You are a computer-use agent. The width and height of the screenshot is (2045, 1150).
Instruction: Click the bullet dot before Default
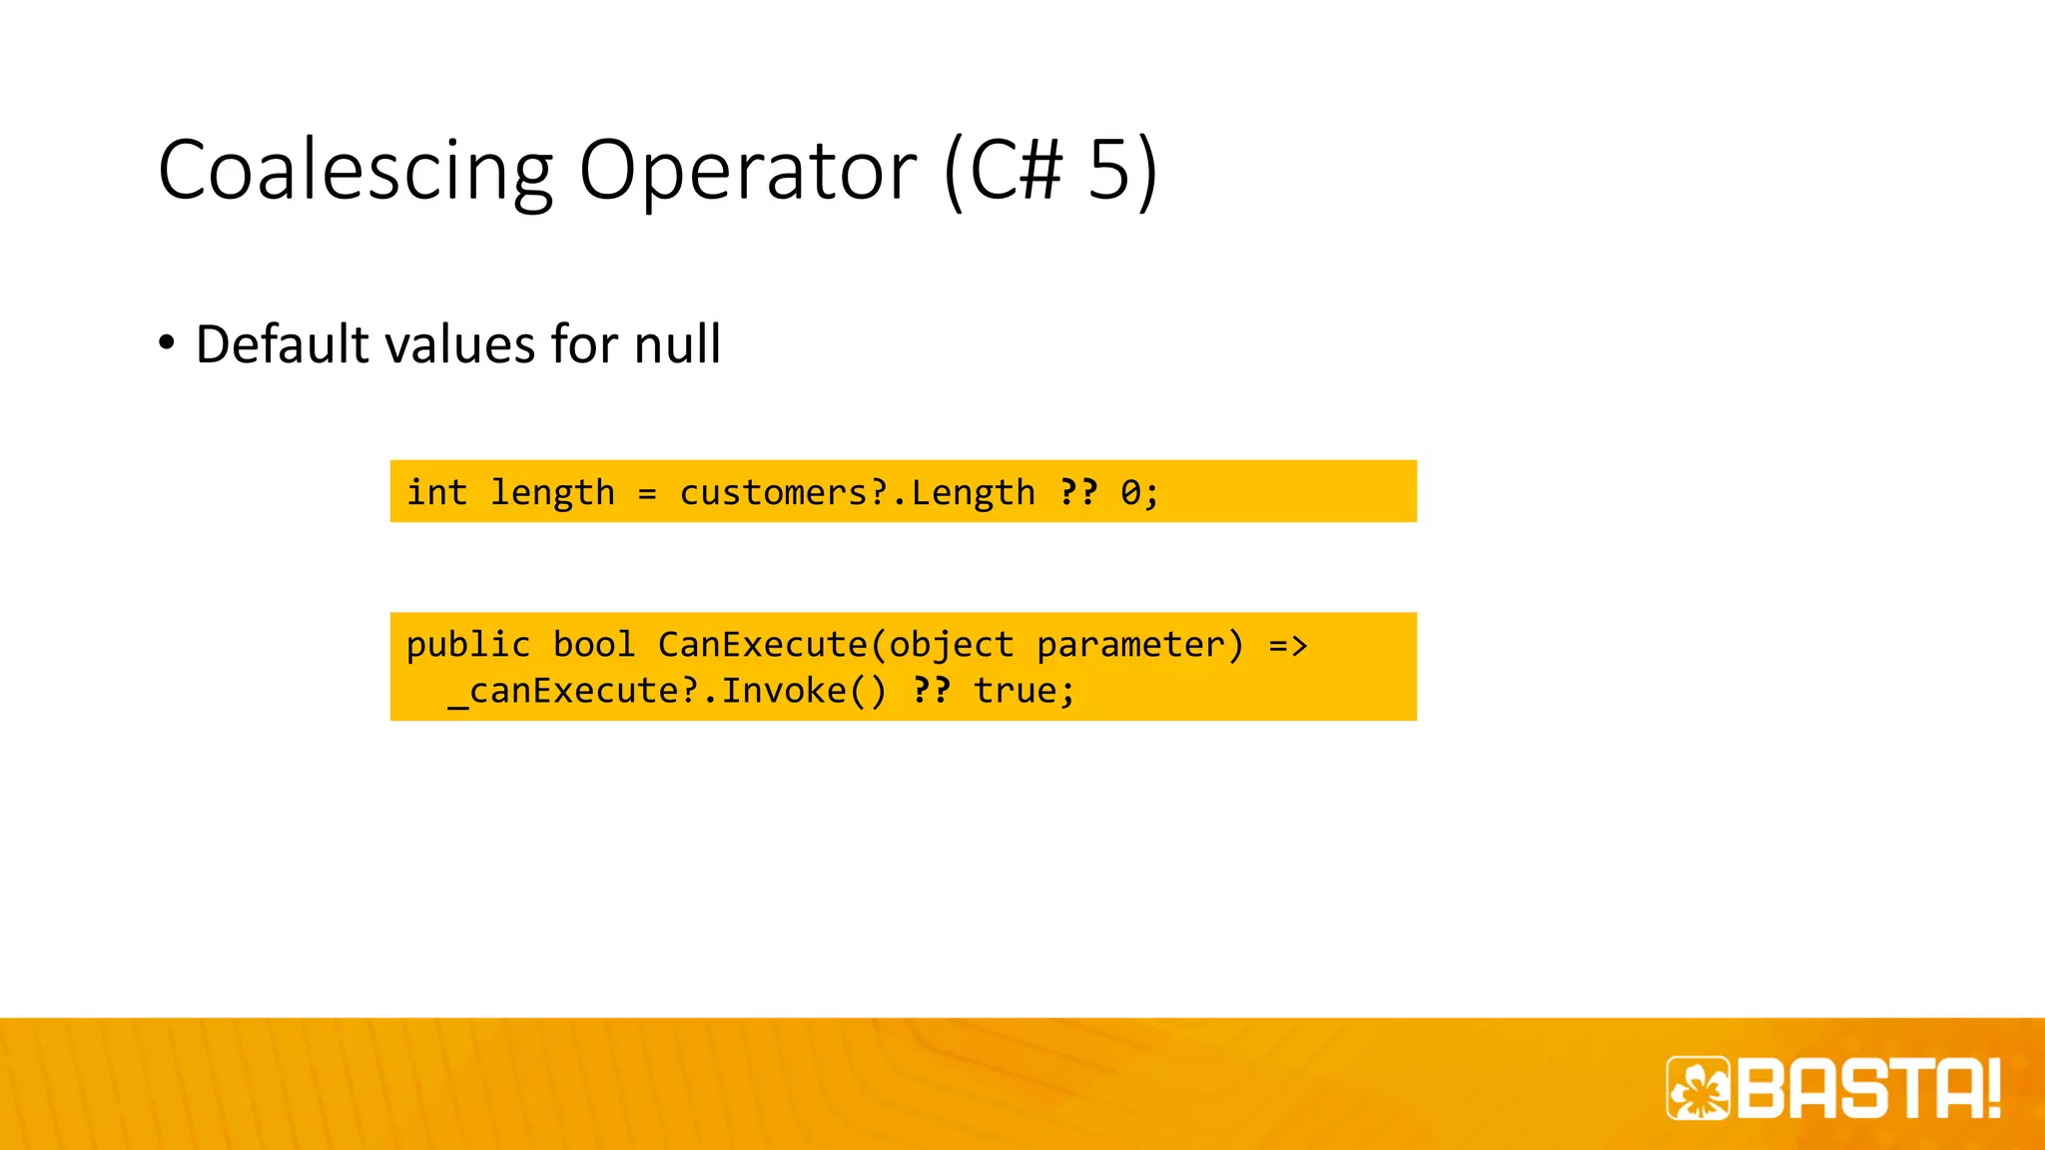pyautogui.click(x=167, y=343)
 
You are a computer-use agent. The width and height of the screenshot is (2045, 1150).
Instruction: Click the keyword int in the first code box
pyautogui.click(x=436, y=492)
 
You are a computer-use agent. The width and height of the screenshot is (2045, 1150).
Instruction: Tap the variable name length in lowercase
pyautogui.click(x=551, y=492)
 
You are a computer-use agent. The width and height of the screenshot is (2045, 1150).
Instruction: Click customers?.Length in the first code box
pyautogui.click(x=857, y=492)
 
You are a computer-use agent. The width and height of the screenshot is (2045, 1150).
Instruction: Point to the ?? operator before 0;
pyautogui.click(x=1078, y=492)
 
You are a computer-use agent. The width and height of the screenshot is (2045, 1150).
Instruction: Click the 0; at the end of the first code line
pyautogui.click(x=1139, y=492)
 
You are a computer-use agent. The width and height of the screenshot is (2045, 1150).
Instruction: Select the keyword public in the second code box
pyautogui.click(x=467, y=645)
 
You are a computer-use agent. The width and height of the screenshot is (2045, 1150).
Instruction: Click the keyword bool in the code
pyautogui.click(x=593, y=645)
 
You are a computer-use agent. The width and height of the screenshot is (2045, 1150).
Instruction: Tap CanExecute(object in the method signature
pyautogui.click(x=835, y=645)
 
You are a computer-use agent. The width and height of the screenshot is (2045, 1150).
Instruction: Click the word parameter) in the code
pyautogui.click(x=1140, y=645)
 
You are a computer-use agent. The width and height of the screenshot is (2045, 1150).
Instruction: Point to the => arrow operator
pyautogui.click(x=1287, y=645)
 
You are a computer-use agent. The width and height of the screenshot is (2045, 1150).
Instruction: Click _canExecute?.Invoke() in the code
pyautogui.click(x=667, y=691)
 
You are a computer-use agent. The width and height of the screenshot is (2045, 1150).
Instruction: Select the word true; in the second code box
pyautogui.click(x=1023, y=691)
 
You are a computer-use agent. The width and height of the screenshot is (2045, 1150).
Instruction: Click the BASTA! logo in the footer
pyautogui.click(x=1833, y=1088)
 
